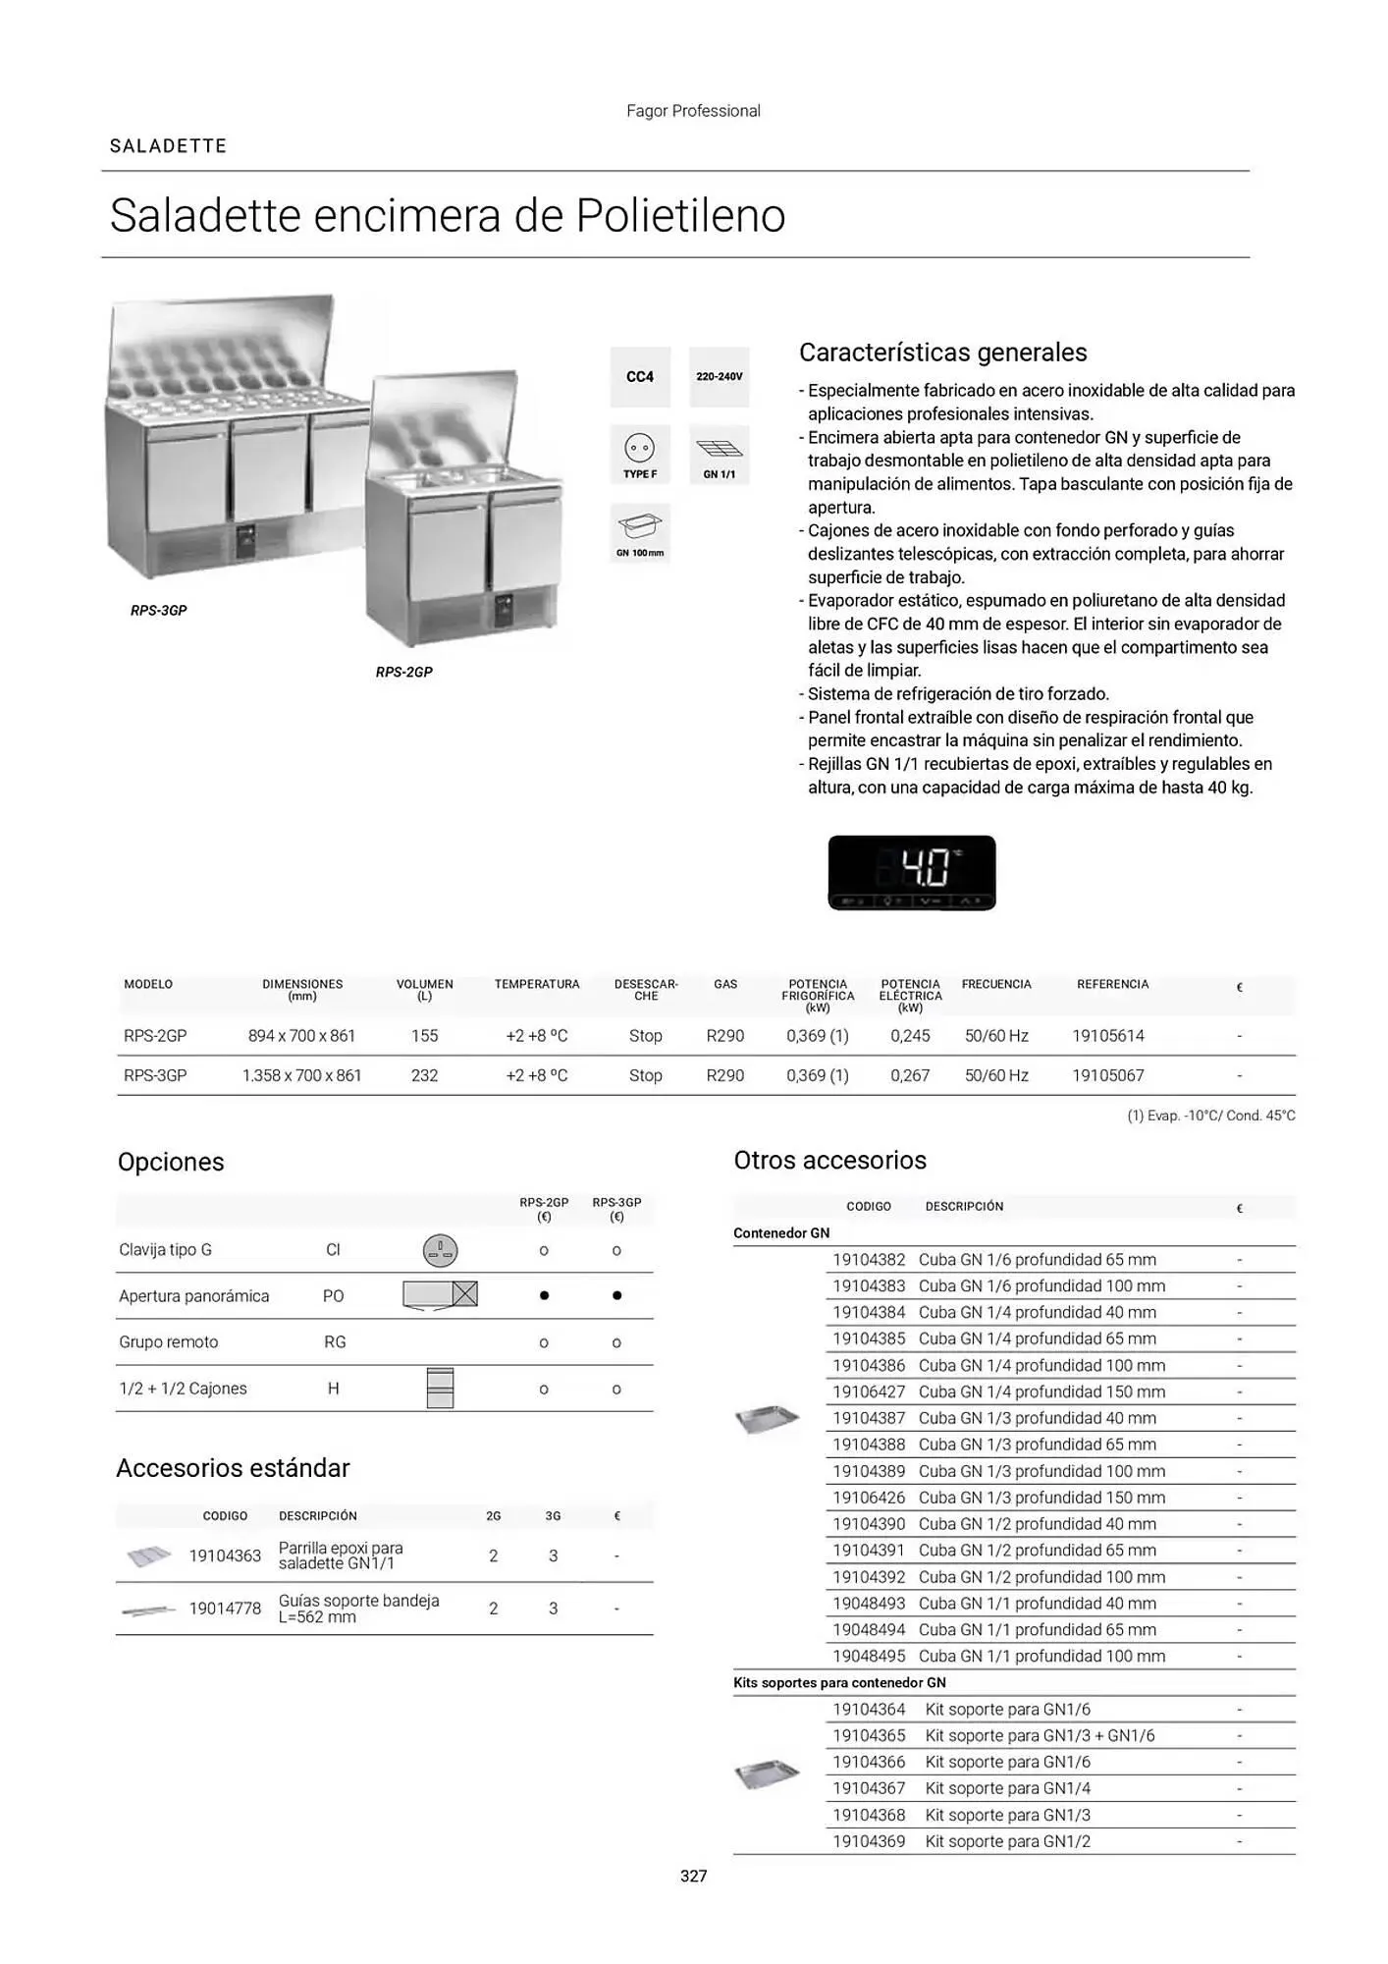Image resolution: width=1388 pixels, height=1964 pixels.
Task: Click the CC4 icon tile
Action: click(x=640, y=377)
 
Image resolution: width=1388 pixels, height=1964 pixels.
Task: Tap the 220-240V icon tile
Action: click(x=719, y=377)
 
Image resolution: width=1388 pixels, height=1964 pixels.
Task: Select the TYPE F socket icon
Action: click(x=640, y=455)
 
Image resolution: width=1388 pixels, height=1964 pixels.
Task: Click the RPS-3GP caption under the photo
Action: click(x=159, y=611)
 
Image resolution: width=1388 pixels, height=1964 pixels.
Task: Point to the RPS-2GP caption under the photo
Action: click(x=403, y=673)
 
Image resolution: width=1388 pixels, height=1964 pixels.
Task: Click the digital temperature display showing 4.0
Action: click(x=912, y=872)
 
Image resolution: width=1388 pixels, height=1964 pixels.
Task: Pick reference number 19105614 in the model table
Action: click(x=1108, y=1036)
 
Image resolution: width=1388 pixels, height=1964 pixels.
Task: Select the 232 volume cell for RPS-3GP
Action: click(x=424, y=1076)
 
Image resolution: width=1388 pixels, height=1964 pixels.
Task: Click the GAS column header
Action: click(x=725, y=985)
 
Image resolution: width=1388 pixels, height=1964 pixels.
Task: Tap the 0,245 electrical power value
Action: click(x=910, y=1036)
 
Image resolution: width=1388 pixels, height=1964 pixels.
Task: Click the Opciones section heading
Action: click(x=171, y=1163)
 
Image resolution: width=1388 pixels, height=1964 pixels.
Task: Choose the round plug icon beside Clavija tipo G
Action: click(x=440, y=1250)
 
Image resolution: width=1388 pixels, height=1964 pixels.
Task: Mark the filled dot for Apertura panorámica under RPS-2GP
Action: click(x=544, y=1296)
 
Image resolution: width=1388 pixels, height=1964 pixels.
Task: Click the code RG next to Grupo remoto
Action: click(x=335, y=1342)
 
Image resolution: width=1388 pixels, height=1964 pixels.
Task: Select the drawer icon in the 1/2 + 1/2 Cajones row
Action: click(x=440, y=1389)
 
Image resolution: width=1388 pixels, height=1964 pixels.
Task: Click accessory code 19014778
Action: click(x=225, y=1609)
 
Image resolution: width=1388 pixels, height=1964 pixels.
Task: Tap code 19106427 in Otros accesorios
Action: click(x=869, y=1392)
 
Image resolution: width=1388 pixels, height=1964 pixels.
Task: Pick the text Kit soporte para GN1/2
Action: click(x=1007, y=1842)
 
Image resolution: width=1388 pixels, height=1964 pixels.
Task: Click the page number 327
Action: click(x=694, y=1877)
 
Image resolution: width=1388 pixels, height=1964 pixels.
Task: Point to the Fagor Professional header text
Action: click(x=693, y=111)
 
